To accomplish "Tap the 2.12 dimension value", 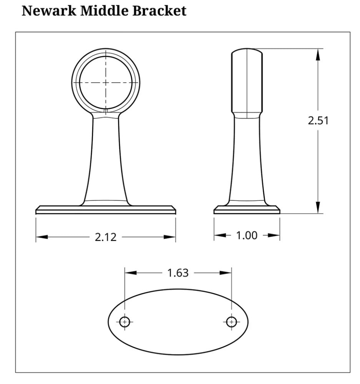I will point(105,237).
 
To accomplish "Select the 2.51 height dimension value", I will point(318,121).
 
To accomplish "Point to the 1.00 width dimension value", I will point(247,235).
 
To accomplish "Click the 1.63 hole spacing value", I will point(178,273).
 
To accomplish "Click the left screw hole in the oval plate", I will point(125,322).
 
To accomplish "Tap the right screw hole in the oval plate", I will point(231,322).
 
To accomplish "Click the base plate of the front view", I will point(106,210).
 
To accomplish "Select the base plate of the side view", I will point(247,210).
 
